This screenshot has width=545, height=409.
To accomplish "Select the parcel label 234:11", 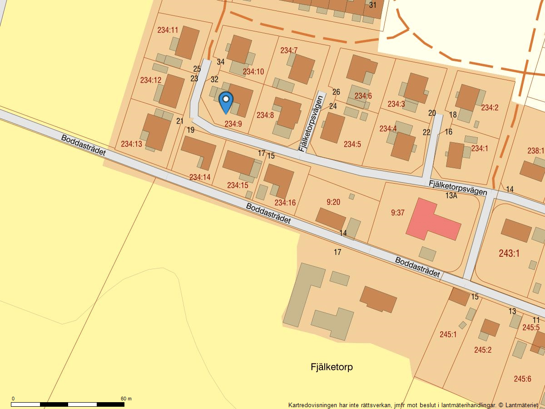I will (168, 30).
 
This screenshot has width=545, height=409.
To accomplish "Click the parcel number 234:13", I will (132, 144).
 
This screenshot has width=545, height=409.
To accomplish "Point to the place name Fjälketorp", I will (332, 367).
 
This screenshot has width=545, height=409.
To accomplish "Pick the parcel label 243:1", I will (509, 254).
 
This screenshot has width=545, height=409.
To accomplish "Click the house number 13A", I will (451, 196).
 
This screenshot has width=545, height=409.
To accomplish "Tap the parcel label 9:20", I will (333, 202).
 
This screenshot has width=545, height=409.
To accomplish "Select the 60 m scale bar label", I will (126, 399).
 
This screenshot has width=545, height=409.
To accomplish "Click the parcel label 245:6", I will (522, 379).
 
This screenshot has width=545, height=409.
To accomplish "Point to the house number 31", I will (373, 5).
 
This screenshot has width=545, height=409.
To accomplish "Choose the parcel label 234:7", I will (289, 50).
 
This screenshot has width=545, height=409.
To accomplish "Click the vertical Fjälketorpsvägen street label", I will (312, 123).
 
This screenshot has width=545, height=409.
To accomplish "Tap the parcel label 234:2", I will (490, 108).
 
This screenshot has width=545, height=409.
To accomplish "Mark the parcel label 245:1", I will (448, 334).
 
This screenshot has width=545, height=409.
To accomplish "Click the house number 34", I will (221, 62).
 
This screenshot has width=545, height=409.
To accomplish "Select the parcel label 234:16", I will (285, 203).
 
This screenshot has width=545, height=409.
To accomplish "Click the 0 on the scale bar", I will (13, 399).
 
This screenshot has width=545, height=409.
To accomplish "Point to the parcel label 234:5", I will (352, 145).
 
